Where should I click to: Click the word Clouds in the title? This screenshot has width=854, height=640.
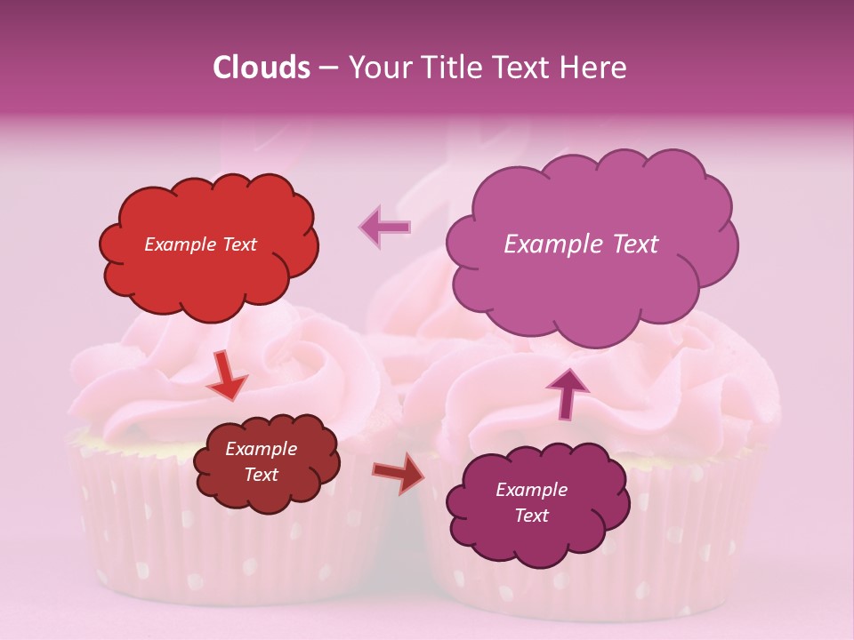261,68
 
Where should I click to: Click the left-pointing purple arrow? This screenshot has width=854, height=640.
385,228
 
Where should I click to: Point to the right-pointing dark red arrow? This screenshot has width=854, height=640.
399,475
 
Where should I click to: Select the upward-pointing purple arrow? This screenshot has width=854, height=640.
567,392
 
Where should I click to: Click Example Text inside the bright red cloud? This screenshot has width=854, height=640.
200,244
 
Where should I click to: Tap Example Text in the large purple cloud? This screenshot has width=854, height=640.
581,244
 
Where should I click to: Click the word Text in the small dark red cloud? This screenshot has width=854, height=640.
262,475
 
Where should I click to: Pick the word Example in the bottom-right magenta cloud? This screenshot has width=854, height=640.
531,490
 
